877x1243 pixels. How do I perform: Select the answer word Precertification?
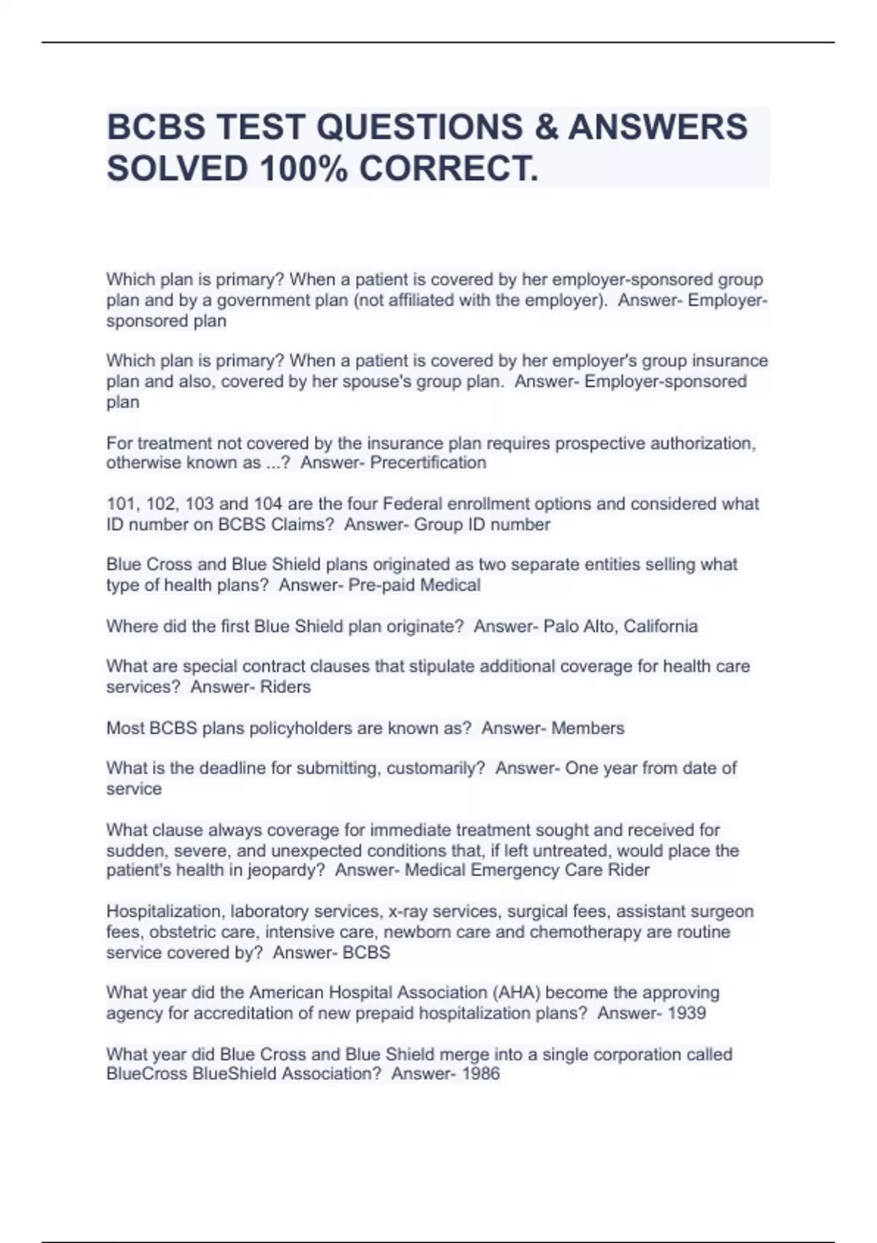coord(428,463)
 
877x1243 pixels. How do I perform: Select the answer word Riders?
coord(286,687)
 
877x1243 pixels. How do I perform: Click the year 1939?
coord(687,1013)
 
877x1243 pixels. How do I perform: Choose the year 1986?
coord(481,1074)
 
